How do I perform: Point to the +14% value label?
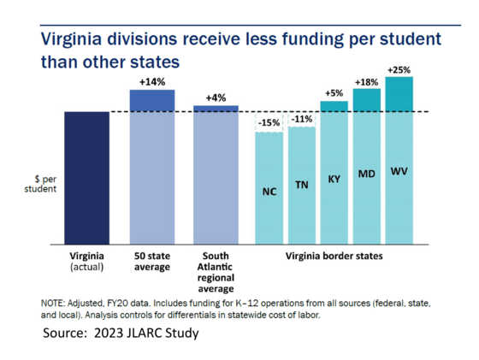coord(152,80)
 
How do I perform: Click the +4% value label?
coord(216,97)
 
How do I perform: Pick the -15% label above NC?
coord(269,123)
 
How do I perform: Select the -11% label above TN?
coord(301,119)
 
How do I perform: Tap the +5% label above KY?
coord(334,92)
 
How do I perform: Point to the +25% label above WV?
coord(399,68)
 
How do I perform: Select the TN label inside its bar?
coord(301,185)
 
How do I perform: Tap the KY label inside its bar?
coord(334,180)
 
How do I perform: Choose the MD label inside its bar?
coord(367,175)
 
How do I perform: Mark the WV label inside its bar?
coord(399,172)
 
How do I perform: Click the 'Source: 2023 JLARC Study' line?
coord(120,332)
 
